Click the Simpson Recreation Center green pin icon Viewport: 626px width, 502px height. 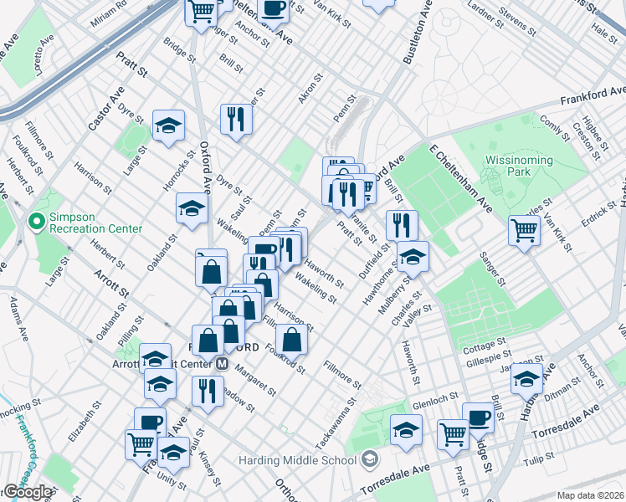pyautogui.click(x=36, y=222)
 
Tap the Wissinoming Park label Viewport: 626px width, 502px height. pyautogui.click(x=519, y=166)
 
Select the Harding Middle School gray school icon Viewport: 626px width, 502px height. pyautogui.click(x=370, y=459)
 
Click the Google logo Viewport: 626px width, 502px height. pyautogui.click(x=27, y=492)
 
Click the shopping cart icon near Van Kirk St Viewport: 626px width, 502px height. pyautogui.click(x=524, y=229)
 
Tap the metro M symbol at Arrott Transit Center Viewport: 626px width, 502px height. pyautogui.click(x=223, y=364)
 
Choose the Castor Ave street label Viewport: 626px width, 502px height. pyautogui.click(x=106, y=108)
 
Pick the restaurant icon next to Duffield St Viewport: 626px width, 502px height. pyautogui.click(x=402, y=224)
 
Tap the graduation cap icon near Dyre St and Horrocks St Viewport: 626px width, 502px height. pyautogui.click(x=168, y=125)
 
